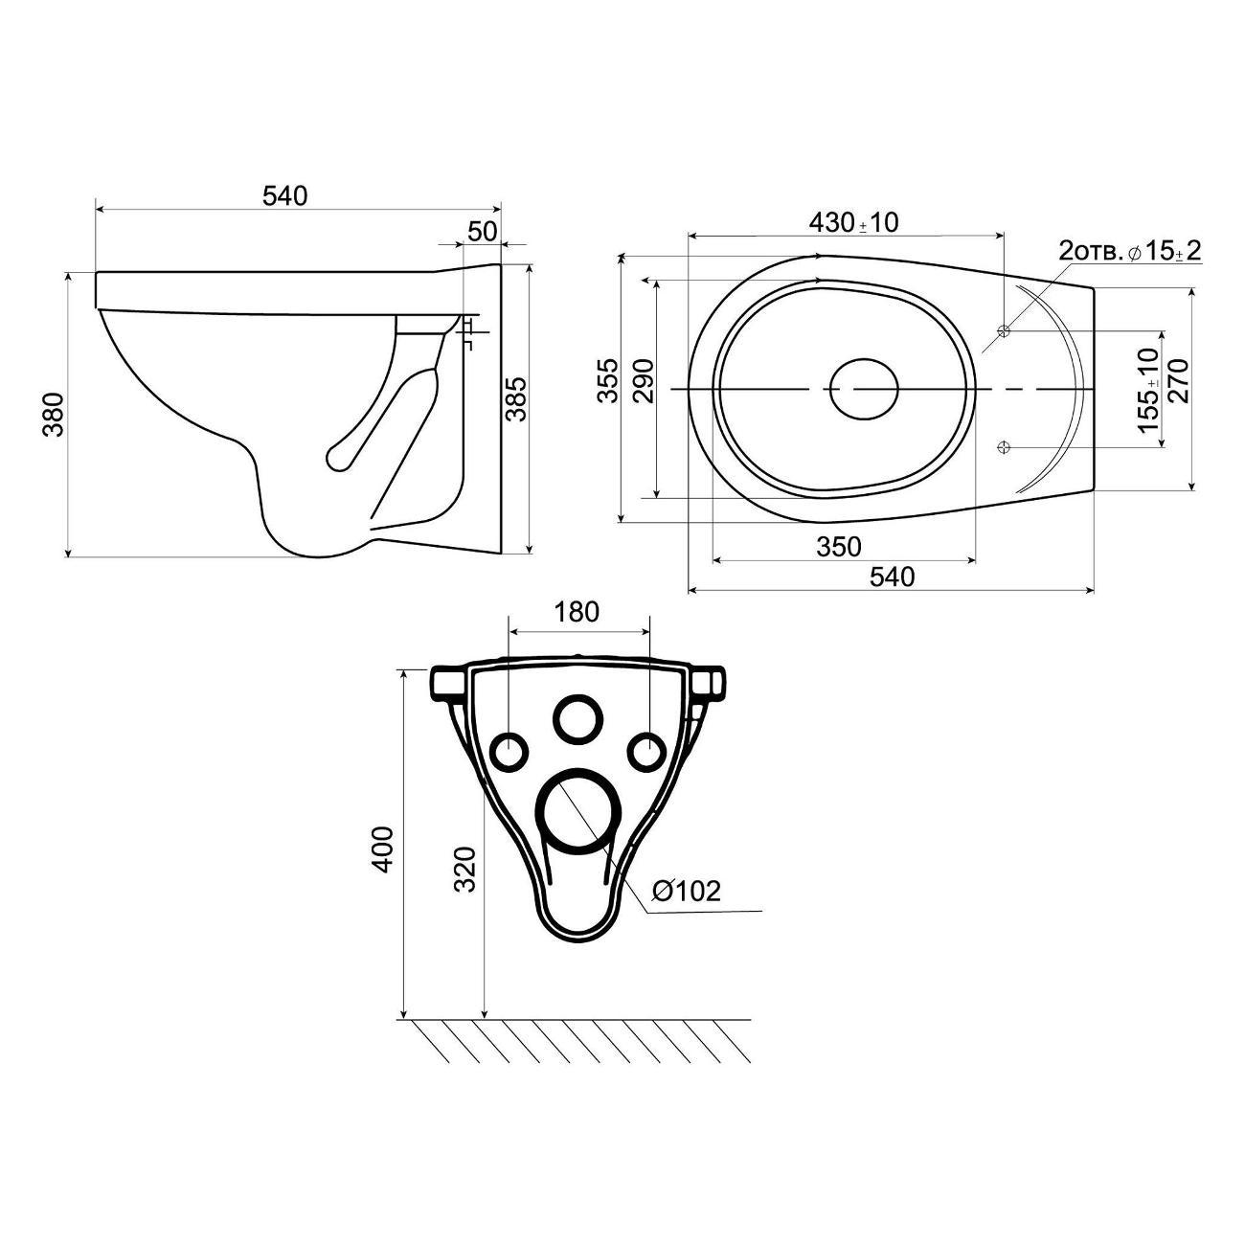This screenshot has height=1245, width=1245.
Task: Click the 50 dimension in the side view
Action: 483,232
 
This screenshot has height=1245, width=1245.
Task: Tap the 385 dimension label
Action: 516,399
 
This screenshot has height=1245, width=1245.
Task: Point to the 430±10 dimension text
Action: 853,223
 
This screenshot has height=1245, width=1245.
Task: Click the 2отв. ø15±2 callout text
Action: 1129,250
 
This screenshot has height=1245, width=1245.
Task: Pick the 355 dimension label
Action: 607,381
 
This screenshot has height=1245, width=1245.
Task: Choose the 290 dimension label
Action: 644,381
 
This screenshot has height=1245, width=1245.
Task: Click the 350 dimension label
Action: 839,547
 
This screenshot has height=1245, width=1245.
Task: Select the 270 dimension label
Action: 1179,381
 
